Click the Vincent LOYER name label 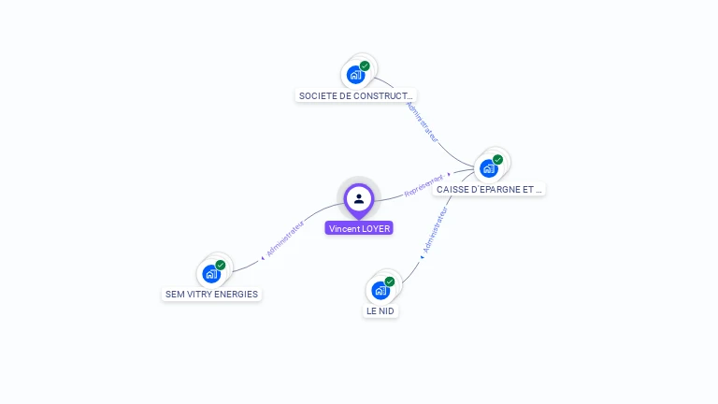pyautogui.click(x=359, y=228)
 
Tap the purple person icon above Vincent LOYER pyautogui.click(x=359, y=198)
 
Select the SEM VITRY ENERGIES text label pyautogui.click(x=211, y=294)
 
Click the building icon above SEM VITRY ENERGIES pyautogui.click(x=211, y=274)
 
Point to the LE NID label pyautogui.click(x=381, y=310)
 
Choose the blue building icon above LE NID pyautogui.click(x=381, y=290)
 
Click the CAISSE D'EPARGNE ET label pyautogui.click(x=489, y=189)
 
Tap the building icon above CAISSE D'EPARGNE pyautogui.click(x=488, y=168)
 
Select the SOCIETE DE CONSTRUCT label pyautogui.click(x=355, y=95)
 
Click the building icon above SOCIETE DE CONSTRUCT pyautogui.click(x=355, y=75)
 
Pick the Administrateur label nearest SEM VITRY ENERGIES pyautogui.click(x=285, y=239)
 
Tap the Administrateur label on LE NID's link pyautogui.click(x=435, y=231)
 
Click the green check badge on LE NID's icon pyautogui.click(x=390, y=281)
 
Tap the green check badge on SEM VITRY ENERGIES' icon pyautogui.click(x=221, y=265)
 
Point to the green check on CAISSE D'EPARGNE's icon pyautogui.click(x=498, y=160)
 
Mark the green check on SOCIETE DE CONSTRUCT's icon pyautogui.click(x=365, y=65)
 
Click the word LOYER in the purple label pyautogui.click(x=375, y=228)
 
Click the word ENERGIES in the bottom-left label pyautogui.click(x=237, y=294)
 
